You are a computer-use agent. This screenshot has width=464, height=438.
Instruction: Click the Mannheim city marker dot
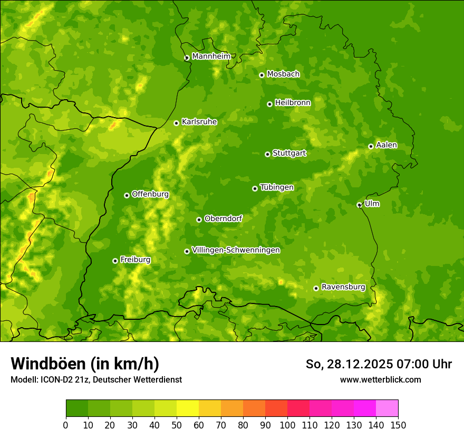[187, 58]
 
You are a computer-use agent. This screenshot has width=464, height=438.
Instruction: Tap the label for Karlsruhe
[199, 122]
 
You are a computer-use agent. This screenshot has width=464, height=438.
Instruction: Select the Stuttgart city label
[289, 154]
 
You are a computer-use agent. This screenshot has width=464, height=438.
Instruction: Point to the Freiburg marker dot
[115, 261]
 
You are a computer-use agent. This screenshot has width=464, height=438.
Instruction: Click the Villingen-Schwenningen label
[236, 250]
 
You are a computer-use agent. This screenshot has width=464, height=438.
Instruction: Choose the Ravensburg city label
[343, 287]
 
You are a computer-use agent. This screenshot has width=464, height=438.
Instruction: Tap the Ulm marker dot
[360, 205]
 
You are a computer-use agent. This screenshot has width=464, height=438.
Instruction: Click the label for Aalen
[386, 145]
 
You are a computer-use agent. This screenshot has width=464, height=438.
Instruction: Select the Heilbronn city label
[293, 103]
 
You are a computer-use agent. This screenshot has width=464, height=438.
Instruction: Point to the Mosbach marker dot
[262, 75]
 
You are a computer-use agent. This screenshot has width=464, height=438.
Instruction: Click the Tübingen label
[277, 187]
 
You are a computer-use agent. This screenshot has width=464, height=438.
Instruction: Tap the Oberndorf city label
[223, 218]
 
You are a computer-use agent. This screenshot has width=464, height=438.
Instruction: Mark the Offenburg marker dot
[127, 195]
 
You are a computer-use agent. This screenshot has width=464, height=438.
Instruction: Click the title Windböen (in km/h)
[85, 364]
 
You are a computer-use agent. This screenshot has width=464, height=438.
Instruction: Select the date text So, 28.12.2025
[347, 364]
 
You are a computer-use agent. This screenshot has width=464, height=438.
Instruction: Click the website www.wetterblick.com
[380, 379]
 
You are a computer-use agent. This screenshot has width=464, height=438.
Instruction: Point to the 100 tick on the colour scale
[287, 425]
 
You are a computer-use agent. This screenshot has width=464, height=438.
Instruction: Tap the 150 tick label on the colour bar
[398, 425]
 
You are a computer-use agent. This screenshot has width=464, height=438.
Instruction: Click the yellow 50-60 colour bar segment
[188, 408]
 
